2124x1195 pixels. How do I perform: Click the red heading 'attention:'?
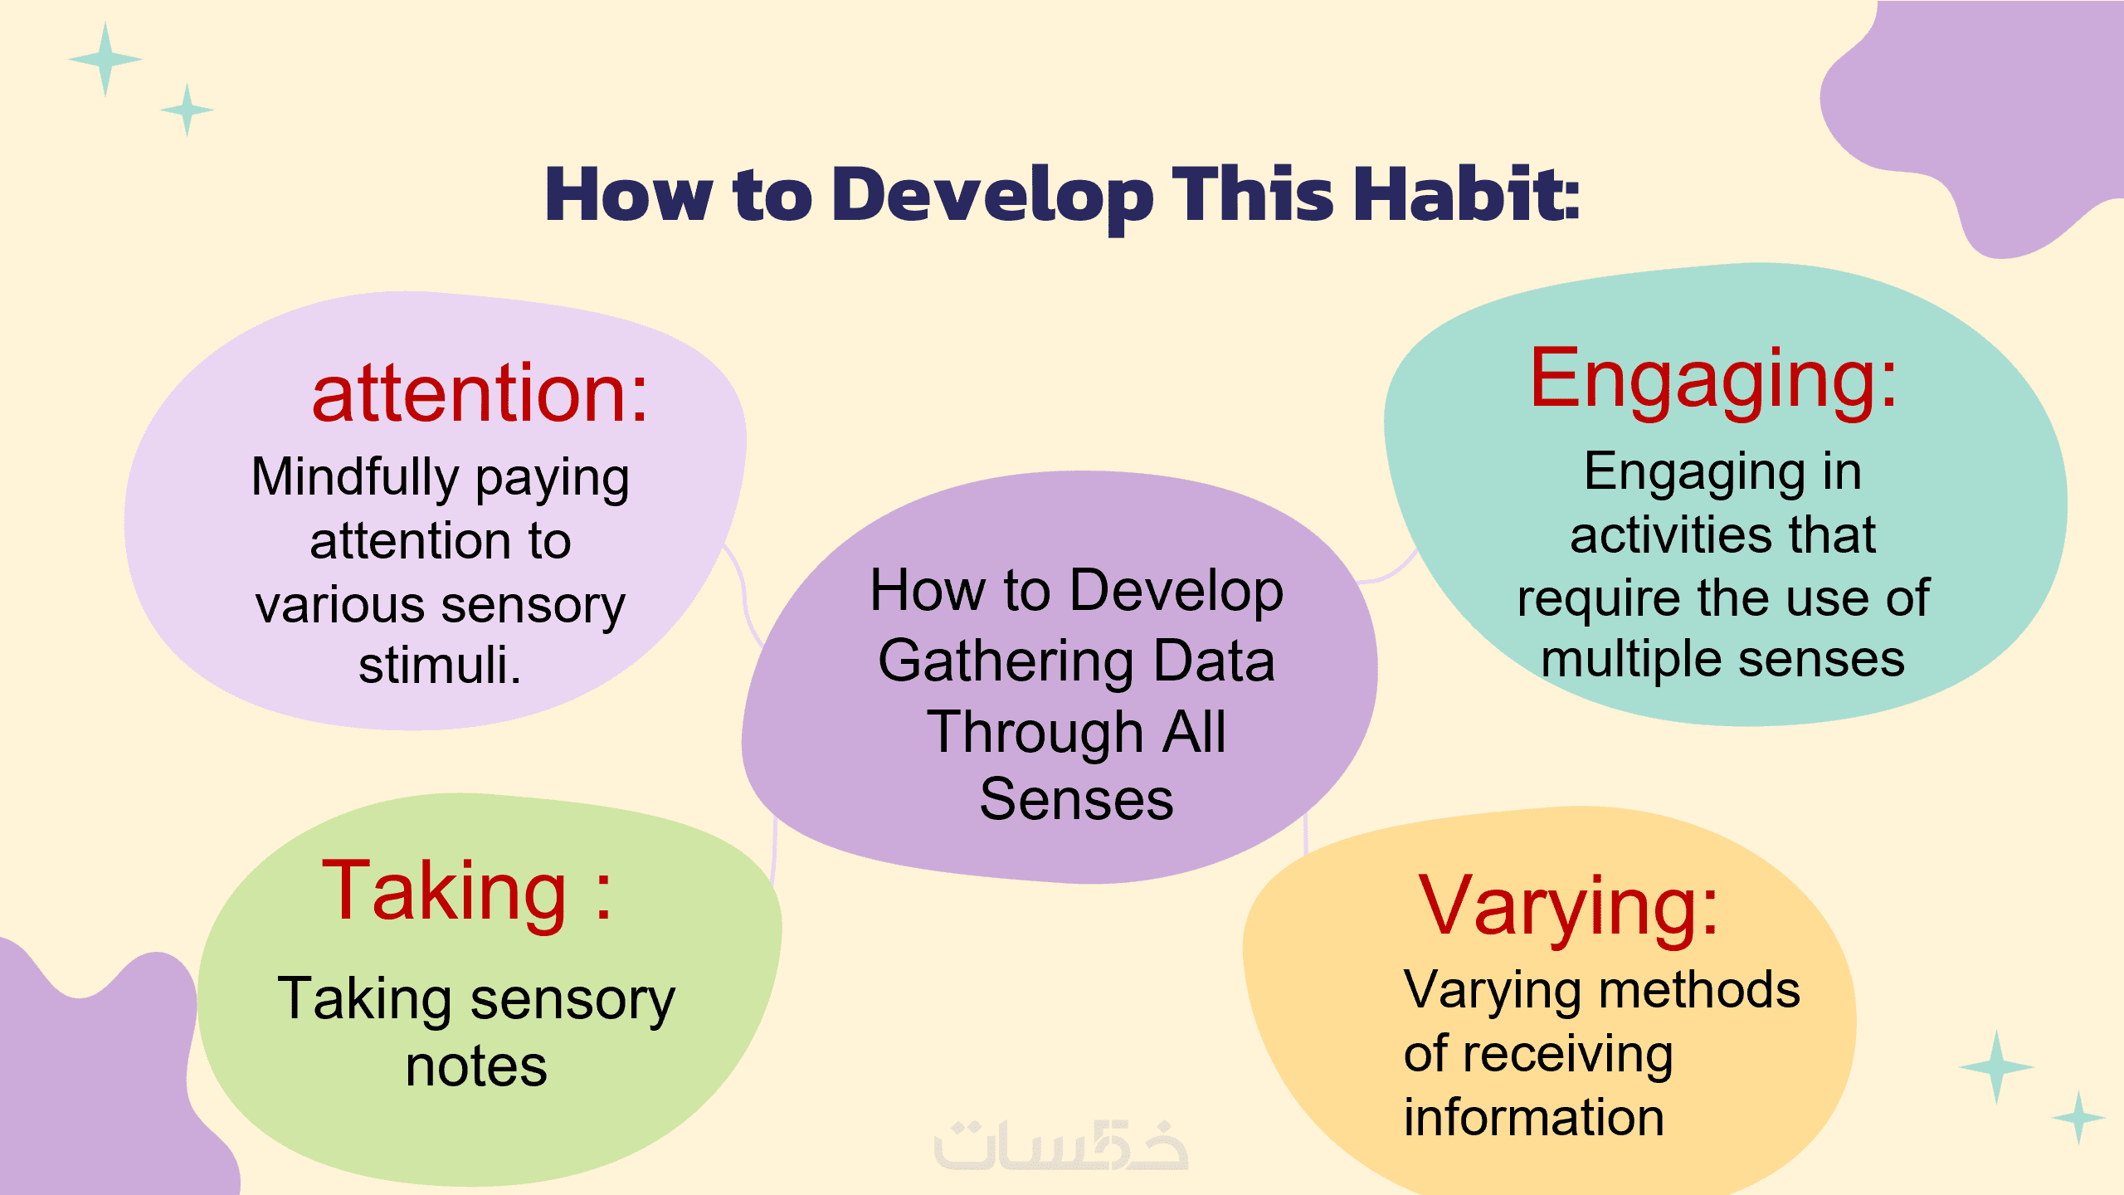click(x=480, y=394)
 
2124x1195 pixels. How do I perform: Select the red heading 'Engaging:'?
click(x=1714, y=380)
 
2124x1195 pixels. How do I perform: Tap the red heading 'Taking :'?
click(x=467, y=892)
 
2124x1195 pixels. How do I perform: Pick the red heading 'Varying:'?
click(x=1569, y=910)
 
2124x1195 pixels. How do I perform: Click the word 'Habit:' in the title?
click(x=1467, y=194)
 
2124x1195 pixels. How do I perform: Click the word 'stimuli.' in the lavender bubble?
click(x=440, y=665)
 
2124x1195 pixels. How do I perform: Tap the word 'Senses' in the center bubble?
click(x=1076, y=799)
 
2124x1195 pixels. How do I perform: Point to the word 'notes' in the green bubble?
click(x=476, y=1067)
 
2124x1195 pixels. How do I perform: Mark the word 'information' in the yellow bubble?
click(x=1534, y=1117)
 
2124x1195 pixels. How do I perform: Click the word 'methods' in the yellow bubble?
click(x=1700, y=990)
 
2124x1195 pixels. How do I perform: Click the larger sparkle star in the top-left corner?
click(x=105, y=60)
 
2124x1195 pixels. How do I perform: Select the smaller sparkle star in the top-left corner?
click(x=188, y=110)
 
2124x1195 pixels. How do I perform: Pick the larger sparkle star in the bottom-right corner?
click(x=1996, y=1067)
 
